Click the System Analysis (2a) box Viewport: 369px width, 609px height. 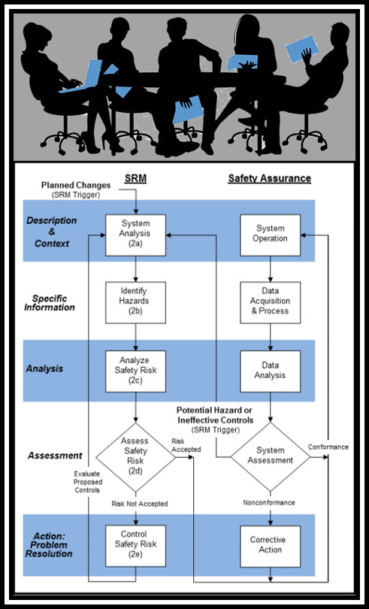click(x=135, y=235)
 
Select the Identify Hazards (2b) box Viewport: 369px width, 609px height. click(x=135, y=302)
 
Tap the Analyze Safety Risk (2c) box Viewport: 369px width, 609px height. click(x=135, y=371)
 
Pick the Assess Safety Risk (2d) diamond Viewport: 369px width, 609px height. click(x=135, y=457)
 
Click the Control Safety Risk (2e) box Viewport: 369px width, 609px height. click(x=135, y=546)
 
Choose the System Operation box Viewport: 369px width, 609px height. click(x=271, y=235)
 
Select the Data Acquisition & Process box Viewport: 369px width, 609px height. click(x=271, y=302)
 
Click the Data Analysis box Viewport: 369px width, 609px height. click(x=271, y=371)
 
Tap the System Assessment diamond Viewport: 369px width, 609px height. click(x=271, y=457)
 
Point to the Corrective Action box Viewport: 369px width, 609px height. click(x=271, y=546)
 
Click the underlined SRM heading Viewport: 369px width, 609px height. click(x=135, y=178)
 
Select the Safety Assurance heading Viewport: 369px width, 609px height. click(x=270, y=178)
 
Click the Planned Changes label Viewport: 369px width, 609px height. click(x=76, y=185)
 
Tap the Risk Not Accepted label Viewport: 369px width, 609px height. click(x=140, y=504)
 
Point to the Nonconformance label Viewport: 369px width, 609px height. click(x=269, y=502)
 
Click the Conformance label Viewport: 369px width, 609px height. click(x=328, y=447)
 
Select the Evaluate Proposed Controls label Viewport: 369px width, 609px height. click(x=88, y=482)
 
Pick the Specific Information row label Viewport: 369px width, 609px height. click(x=50, y=303)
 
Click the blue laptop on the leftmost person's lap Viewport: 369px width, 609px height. click(x=83, y=77)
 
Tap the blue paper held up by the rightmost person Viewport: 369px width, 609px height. click(x=302, y=48)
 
